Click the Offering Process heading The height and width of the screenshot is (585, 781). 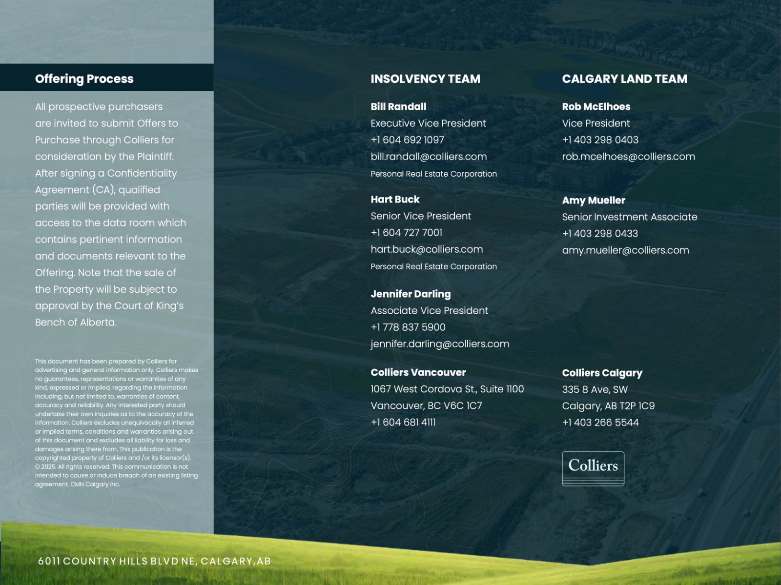pyautogui.click(x=84, y=79)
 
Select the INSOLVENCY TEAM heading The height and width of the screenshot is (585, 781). pyautogui.click(x=425, y=79)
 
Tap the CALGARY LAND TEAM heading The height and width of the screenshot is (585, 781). pyautogui.click(x=624, y=79)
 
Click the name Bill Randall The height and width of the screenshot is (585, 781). pyautogui.click(x=398, y=106)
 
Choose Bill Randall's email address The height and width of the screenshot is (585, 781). pyautogui.click(x=429, y=157)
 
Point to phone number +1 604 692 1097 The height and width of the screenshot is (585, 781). pyautogui.click(x=407, y=140)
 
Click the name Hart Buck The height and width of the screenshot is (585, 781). pyautogui.click(x=395, y=199)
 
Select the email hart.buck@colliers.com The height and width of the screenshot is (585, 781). pyautogui.click(x=427, y=249)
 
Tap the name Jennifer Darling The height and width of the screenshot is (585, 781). pyautogui.click(x=411, y=294)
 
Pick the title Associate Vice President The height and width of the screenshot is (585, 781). pyautogui.click(x=429, y=310)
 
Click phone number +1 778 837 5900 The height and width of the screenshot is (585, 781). pyautogui.click(x=408, y=327)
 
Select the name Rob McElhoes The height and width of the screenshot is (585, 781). pyautogui.click(x=596, y=106)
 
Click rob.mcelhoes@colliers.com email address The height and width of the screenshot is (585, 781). pyautogui.click(x=628, y=157)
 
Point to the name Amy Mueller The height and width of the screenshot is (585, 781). pyautogui.click(x=593, y=200)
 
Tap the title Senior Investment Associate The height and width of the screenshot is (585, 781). pyautogui.click(x=629, y=217)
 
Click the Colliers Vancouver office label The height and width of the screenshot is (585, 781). pyautogui.click(x=418, y=372)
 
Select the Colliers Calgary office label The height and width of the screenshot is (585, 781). pyautogui.click(x=602, y=373)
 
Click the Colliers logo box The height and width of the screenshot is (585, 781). pyautogui.click(x=593, y=468)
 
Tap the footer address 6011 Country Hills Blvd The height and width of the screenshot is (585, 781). pyautogui.click(x=154, y=561)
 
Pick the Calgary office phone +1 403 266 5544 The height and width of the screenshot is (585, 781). pyautogui.click(x=600, y=423)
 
